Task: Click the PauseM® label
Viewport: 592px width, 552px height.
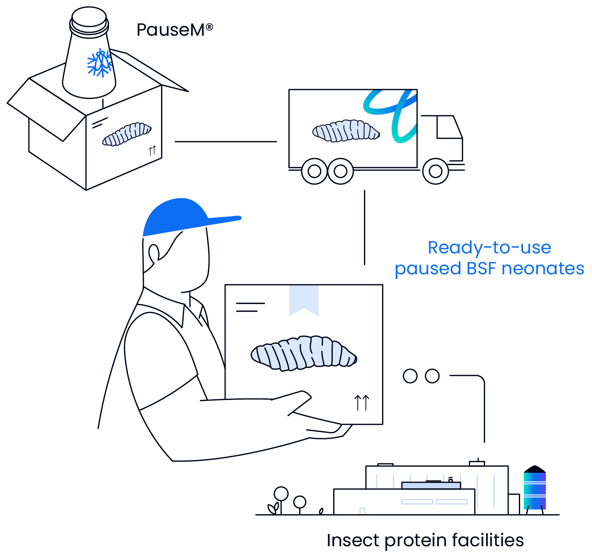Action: point(175,30)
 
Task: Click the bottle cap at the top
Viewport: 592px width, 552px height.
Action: point(89,18)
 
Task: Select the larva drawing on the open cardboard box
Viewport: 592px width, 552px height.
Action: point(127,134)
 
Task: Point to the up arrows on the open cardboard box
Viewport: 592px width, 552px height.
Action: point(152,150)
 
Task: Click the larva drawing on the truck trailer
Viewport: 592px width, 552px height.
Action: point(346,131)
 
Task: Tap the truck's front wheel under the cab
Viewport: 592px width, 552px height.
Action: point(435,171)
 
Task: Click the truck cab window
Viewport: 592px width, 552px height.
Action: point(449,127)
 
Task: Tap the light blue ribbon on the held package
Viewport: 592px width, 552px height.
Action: point(304,300)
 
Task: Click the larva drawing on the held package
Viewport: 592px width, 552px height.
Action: point(304,353)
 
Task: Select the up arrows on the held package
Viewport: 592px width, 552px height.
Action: point(362,402)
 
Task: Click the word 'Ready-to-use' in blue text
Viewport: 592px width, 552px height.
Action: point(489,247)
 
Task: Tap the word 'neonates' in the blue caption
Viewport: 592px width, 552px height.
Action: point(543,268)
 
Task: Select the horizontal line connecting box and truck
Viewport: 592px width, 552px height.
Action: point(226,142)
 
